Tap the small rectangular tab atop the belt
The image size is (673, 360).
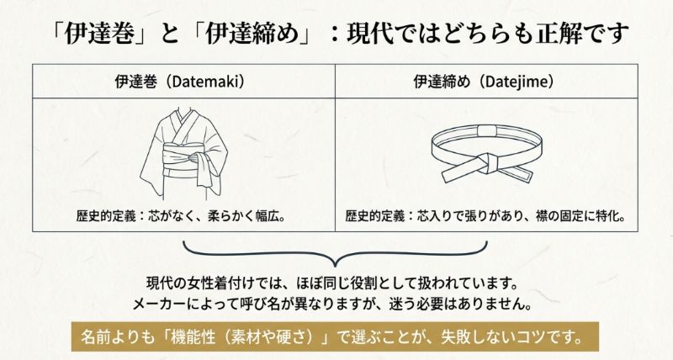click(487, 133)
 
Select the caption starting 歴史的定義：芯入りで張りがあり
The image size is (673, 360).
click(486, 216)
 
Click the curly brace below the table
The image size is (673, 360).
click(336, 251)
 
